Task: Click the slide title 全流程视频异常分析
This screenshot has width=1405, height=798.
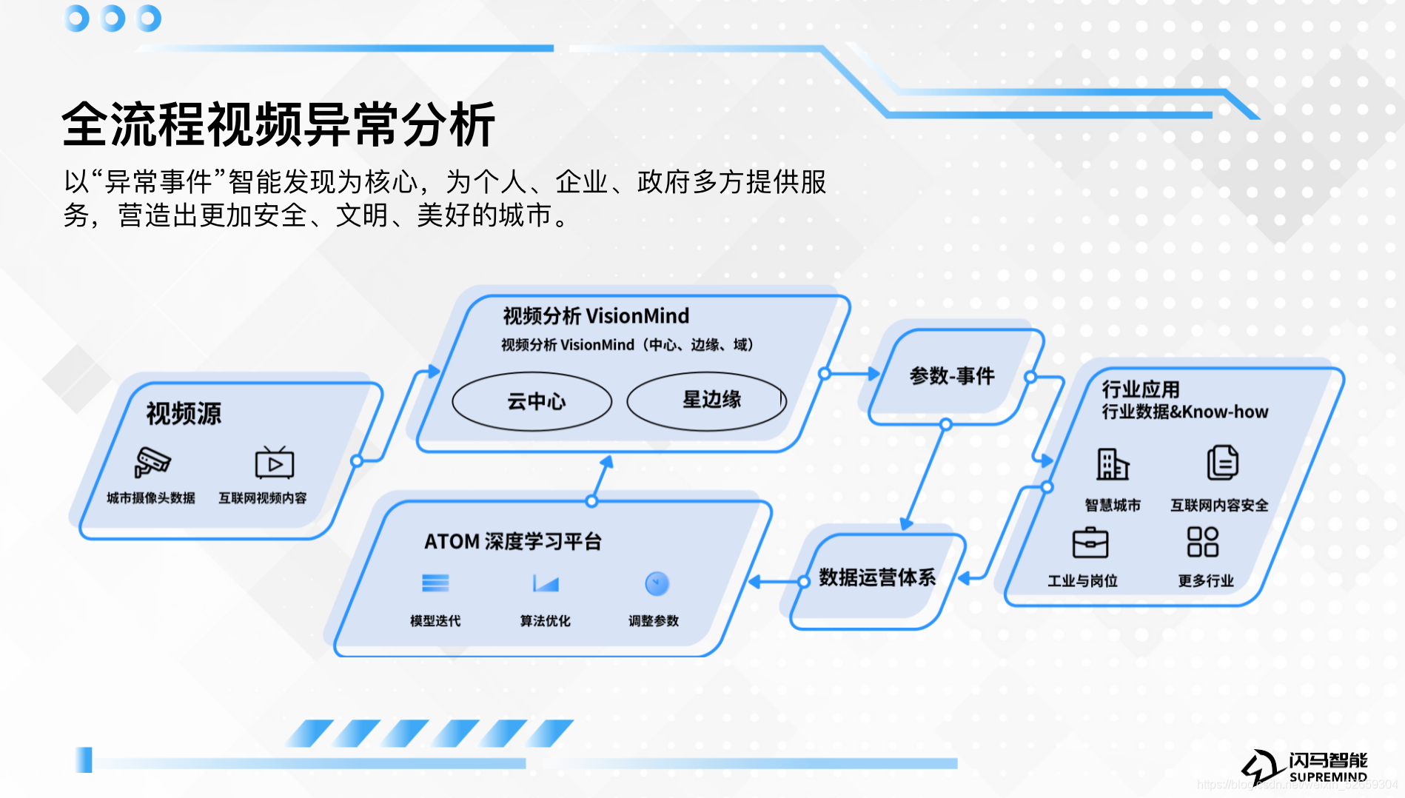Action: coord(278,124)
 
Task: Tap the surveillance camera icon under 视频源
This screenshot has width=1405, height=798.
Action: coord(152,463)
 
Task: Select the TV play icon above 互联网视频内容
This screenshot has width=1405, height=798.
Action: coord(275,463)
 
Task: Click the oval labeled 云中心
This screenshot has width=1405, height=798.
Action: coord(532,401)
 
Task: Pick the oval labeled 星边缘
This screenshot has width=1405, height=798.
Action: coord(708,400)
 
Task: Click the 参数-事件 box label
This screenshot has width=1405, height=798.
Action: coord(952,376)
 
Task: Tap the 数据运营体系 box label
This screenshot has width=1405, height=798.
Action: coord(877,577)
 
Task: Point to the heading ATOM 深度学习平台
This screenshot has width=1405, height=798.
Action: coord(512,542)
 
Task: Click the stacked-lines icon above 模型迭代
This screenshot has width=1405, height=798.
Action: coord(435,583)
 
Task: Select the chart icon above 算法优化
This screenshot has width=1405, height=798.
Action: coord(546,584)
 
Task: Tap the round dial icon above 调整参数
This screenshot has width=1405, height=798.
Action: coord(657,584)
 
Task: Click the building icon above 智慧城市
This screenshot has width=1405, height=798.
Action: coord(1113,464)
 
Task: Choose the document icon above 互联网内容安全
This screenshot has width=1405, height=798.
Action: coord(1222,463)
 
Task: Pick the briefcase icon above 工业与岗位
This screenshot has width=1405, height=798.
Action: coord(1090,543)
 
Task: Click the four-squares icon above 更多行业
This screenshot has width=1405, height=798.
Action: coord(1203,542)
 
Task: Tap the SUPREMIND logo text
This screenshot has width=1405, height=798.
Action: coord(1328,777)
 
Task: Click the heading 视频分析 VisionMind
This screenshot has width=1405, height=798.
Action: coord(596,316)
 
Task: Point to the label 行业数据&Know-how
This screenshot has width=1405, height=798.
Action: coord(1184,412)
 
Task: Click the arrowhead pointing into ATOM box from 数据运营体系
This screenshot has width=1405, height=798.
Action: coord(754,582)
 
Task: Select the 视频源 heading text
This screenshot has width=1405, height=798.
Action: coord(184,414)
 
